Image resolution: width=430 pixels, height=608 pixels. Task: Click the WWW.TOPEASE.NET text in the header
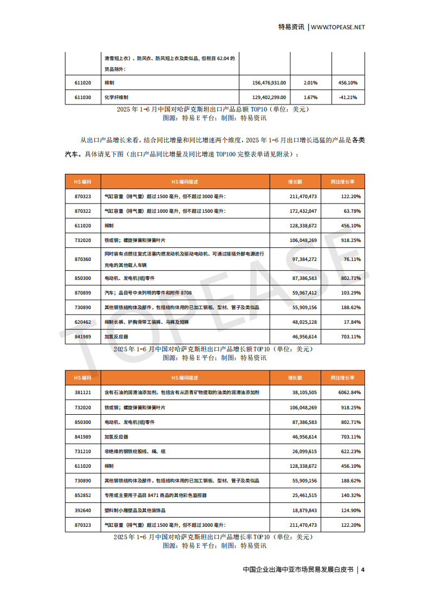pos(338,27)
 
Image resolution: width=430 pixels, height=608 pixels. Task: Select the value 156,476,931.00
pos(269,82)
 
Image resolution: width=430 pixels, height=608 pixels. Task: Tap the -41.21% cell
pos(348,97)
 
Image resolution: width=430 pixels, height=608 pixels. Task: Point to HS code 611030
pos(83,97)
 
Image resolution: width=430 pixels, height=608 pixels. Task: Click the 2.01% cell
pos(310,82)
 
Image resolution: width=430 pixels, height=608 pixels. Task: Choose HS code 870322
pos(83,211)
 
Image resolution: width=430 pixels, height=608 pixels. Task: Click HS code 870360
pos(83,259)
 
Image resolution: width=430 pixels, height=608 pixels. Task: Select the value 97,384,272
pos(304,259)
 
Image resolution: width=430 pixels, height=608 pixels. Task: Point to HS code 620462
pos(83,322)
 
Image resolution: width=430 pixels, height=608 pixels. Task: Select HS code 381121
pos(83,393)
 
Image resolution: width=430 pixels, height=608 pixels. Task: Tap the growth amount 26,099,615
pos(304,451)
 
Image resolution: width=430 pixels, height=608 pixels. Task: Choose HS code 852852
pos(83,495)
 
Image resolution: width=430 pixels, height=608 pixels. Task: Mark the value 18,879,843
pos(304,510)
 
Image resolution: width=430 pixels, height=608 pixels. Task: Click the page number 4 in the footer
pos(363,570)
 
